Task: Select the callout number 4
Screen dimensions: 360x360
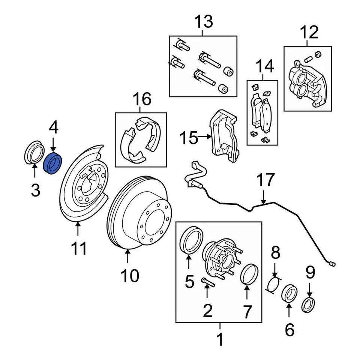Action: (53, 127)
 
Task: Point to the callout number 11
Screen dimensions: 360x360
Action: (79, 248)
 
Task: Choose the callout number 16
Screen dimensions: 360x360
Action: (142, 99)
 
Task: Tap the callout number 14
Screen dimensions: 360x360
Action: (263, 67)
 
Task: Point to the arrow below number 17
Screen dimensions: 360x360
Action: (264, 198)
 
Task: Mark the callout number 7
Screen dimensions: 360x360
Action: (247, 311)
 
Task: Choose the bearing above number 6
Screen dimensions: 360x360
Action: (289, 294)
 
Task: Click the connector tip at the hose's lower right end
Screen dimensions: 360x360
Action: (332, 264)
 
